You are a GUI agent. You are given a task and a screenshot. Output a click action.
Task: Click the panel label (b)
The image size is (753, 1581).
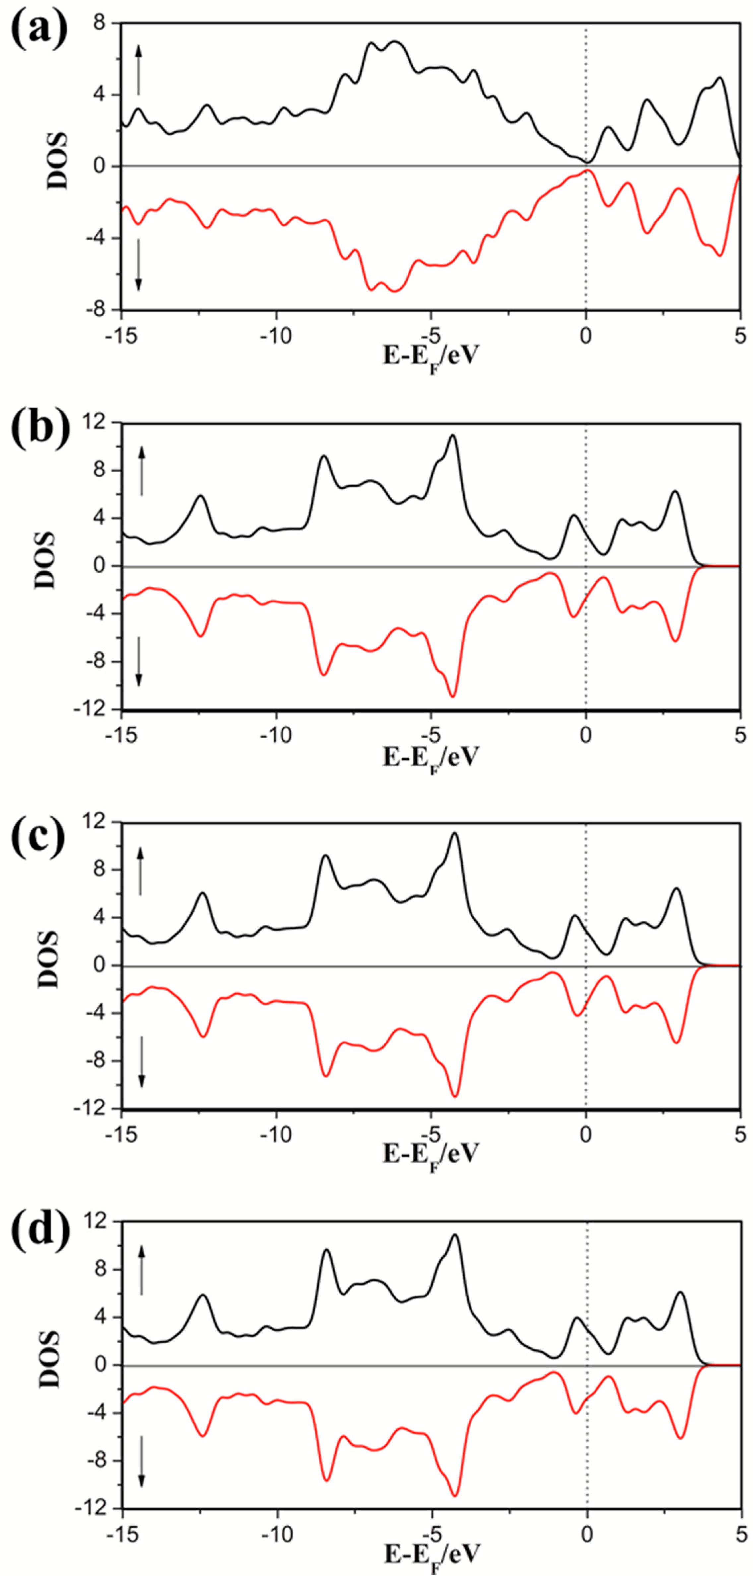click(39, 426)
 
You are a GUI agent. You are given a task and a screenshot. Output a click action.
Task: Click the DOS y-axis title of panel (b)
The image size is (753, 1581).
click(45, 560)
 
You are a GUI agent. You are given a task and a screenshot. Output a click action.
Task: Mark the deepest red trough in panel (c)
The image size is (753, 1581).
click(455, 1096)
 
